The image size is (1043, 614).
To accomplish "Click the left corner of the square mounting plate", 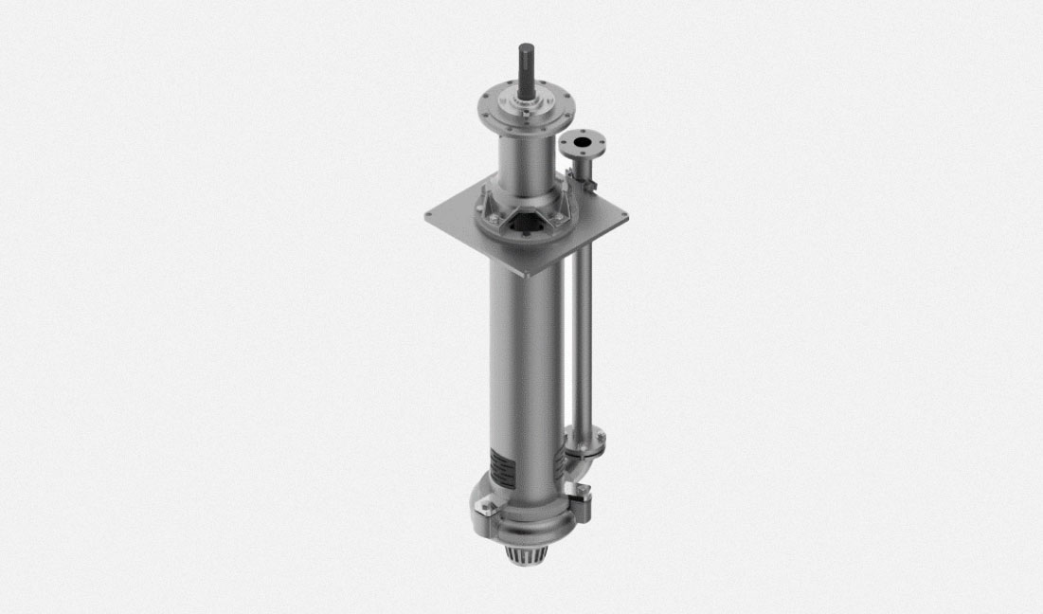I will [429, 215].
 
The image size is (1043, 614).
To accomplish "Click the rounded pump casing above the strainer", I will [526, 516].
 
